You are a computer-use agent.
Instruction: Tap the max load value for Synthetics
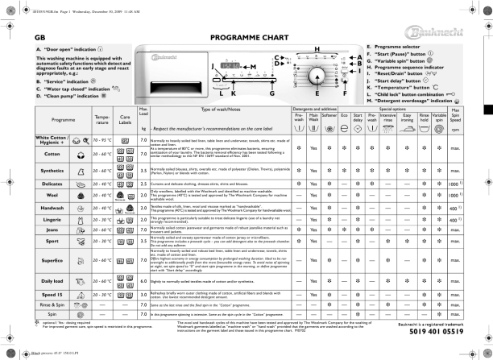pos(143,171)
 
